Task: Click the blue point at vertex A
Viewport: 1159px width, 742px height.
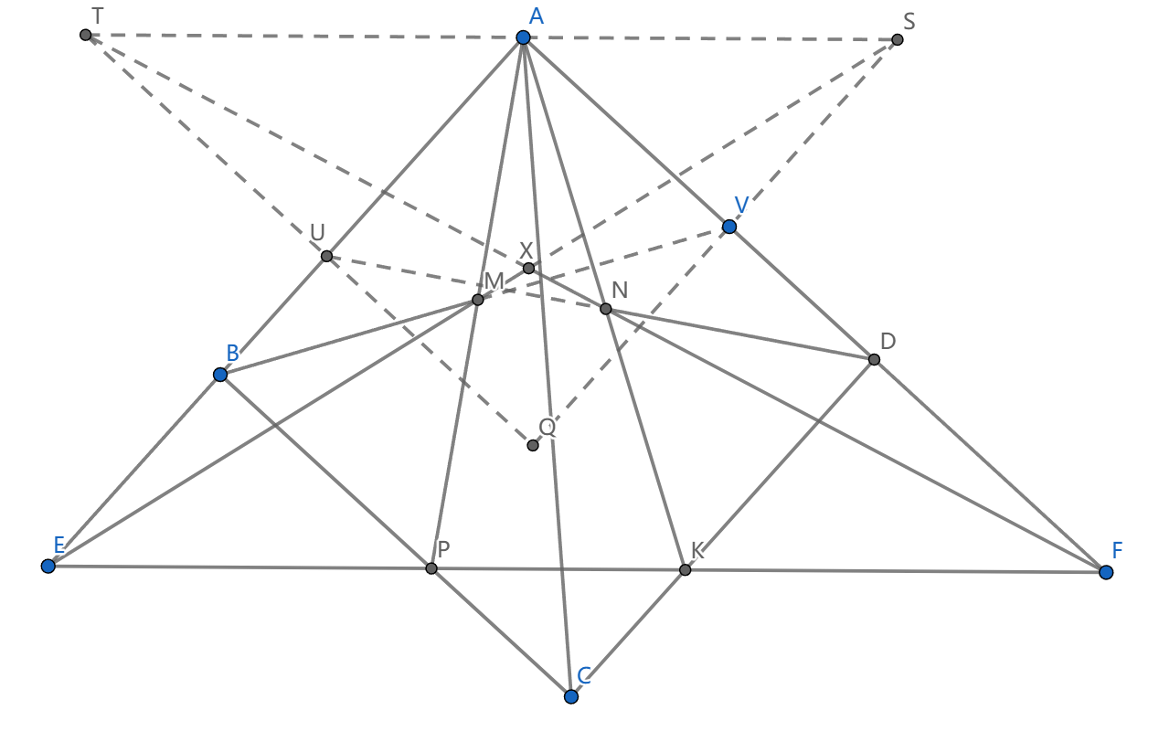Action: [523, 37]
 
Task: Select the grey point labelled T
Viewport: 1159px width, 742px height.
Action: [86, 35]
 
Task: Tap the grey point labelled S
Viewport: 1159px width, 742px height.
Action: [898, 39]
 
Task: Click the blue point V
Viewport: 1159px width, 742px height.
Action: [728, 227]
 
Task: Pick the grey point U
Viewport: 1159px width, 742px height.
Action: [326, 256]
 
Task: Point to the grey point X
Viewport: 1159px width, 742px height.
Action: [528, 268]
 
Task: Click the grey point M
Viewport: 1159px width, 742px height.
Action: [477, 300]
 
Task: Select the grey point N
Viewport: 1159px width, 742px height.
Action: [605, 309]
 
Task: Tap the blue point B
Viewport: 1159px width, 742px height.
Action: [220, 375]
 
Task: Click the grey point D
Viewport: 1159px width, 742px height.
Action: [874, 359]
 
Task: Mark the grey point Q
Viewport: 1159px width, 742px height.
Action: [533, 445]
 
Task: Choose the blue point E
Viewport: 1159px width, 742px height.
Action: [48, 567]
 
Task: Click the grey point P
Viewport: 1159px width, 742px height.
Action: [431, 568]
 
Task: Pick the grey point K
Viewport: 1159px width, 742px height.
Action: [685, 569]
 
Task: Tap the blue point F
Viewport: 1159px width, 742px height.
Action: [1106, 572]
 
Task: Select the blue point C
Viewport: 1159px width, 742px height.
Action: [571, 696]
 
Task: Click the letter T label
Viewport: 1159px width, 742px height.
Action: [97, 16]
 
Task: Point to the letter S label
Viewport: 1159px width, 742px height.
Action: [909, 21]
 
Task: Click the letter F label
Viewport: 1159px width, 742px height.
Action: [1117, 550]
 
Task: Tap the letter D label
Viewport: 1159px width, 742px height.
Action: [888, 342]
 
